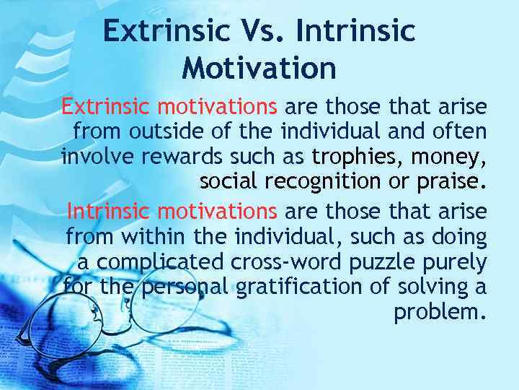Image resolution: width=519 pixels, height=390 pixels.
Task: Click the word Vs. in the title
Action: pyautogui.click(x=248, y=31)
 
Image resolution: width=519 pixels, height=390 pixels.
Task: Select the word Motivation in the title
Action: pyautogui.click(x=259, y=68)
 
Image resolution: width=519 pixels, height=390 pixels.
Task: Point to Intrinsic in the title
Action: pyautogui.click(x=352, y=31)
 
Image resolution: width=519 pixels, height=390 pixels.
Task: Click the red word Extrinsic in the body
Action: pyautogui.click(x=106, y=108)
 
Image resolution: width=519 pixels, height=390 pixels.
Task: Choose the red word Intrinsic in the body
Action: pyautogui.click(x=108, y=211)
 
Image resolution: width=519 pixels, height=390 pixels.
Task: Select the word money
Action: pyautogui.click(x=451, y=157)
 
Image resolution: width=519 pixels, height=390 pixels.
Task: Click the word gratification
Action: pyautogui.click(x=294, y=287)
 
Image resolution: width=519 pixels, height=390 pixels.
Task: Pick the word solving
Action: pyautogui.click(x=432, y=286)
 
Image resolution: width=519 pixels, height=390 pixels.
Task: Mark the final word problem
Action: pyautogui.click(x=440, y=312)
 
